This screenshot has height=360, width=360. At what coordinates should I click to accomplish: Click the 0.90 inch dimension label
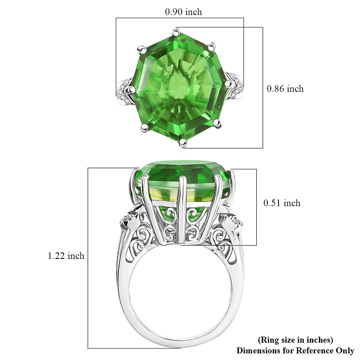click(x=183, y=12)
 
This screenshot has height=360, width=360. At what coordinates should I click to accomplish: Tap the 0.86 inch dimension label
click(x=285, y=89)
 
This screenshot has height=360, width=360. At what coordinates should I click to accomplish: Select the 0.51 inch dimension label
click(x=282, y=203)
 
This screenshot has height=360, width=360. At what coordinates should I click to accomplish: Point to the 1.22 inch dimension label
click(x=66, y=256)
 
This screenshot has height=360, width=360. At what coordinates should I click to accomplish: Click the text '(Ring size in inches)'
click(x=295, y=340)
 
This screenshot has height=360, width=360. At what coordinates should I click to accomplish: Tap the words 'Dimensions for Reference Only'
click(x=295, y=350)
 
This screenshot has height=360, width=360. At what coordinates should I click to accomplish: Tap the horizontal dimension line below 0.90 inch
click(x=180, y=18)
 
